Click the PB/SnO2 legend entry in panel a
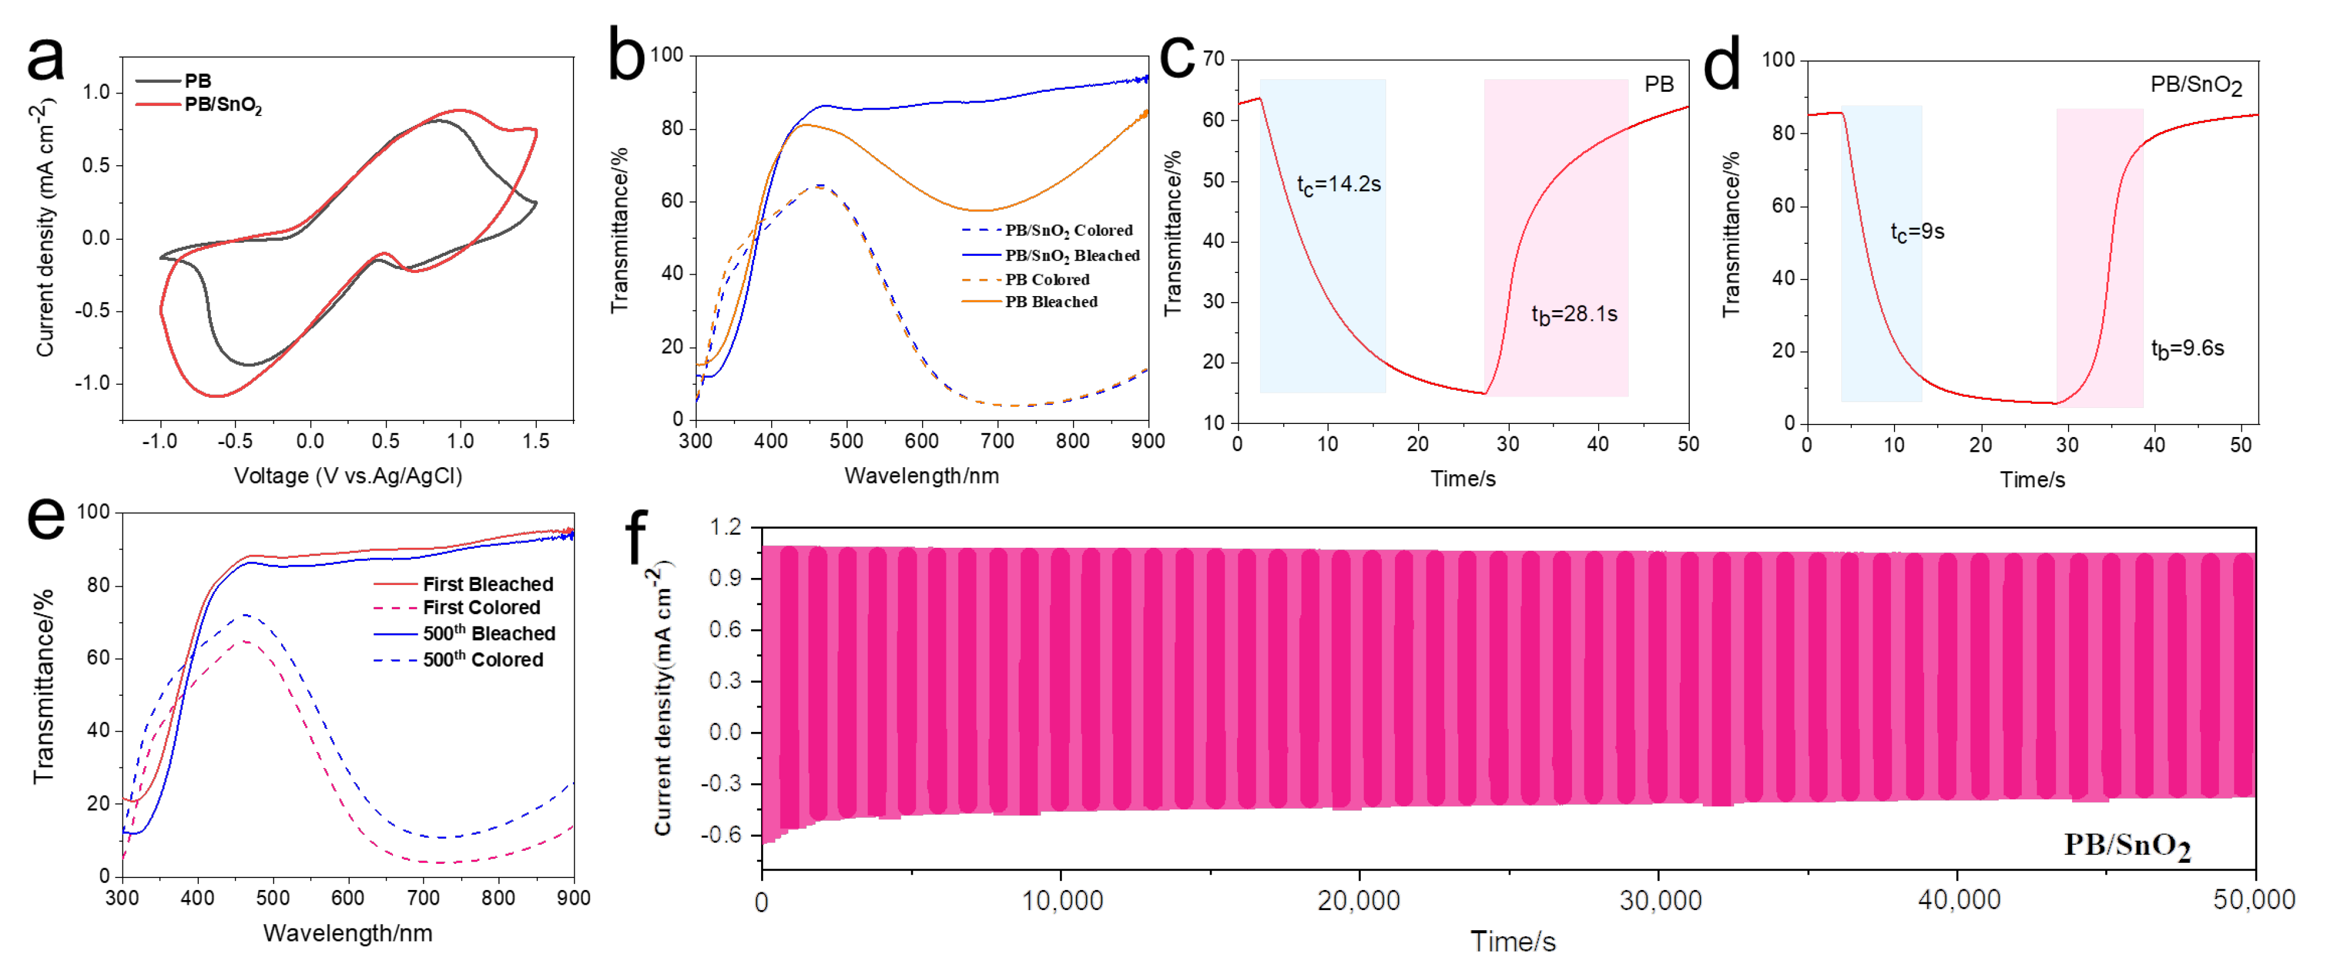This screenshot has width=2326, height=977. pyautogui.click(x=222, y=105)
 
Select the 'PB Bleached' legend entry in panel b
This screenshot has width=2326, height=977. pyautogui.click(x=1051, y=301)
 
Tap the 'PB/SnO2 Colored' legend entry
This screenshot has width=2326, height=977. pyautogui.click(x=1068, y=230)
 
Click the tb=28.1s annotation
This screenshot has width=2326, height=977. pyautogui.click(x=1574, y=314)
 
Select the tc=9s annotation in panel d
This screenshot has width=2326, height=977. pyautogui.click(x=1917, y=232)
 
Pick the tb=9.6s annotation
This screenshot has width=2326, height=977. pyautogui.click(x=2187, y=349)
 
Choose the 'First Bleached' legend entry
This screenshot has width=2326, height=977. pyautogui.click(x=488, y=584)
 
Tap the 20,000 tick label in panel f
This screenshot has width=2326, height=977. pyautogui.click(x=1358, y=900)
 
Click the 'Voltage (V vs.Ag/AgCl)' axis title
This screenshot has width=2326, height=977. pyautogui.click(x=347, y=476)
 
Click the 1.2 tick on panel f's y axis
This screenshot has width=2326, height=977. pyautogui.click(x=725, y=526)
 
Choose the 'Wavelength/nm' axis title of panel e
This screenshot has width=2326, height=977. pyautogui.click(x=347, y=933)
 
